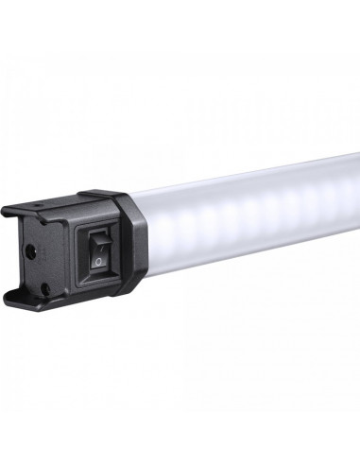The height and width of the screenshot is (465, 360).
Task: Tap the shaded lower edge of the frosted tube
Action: pyautogui.click(x=255, y=251)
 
